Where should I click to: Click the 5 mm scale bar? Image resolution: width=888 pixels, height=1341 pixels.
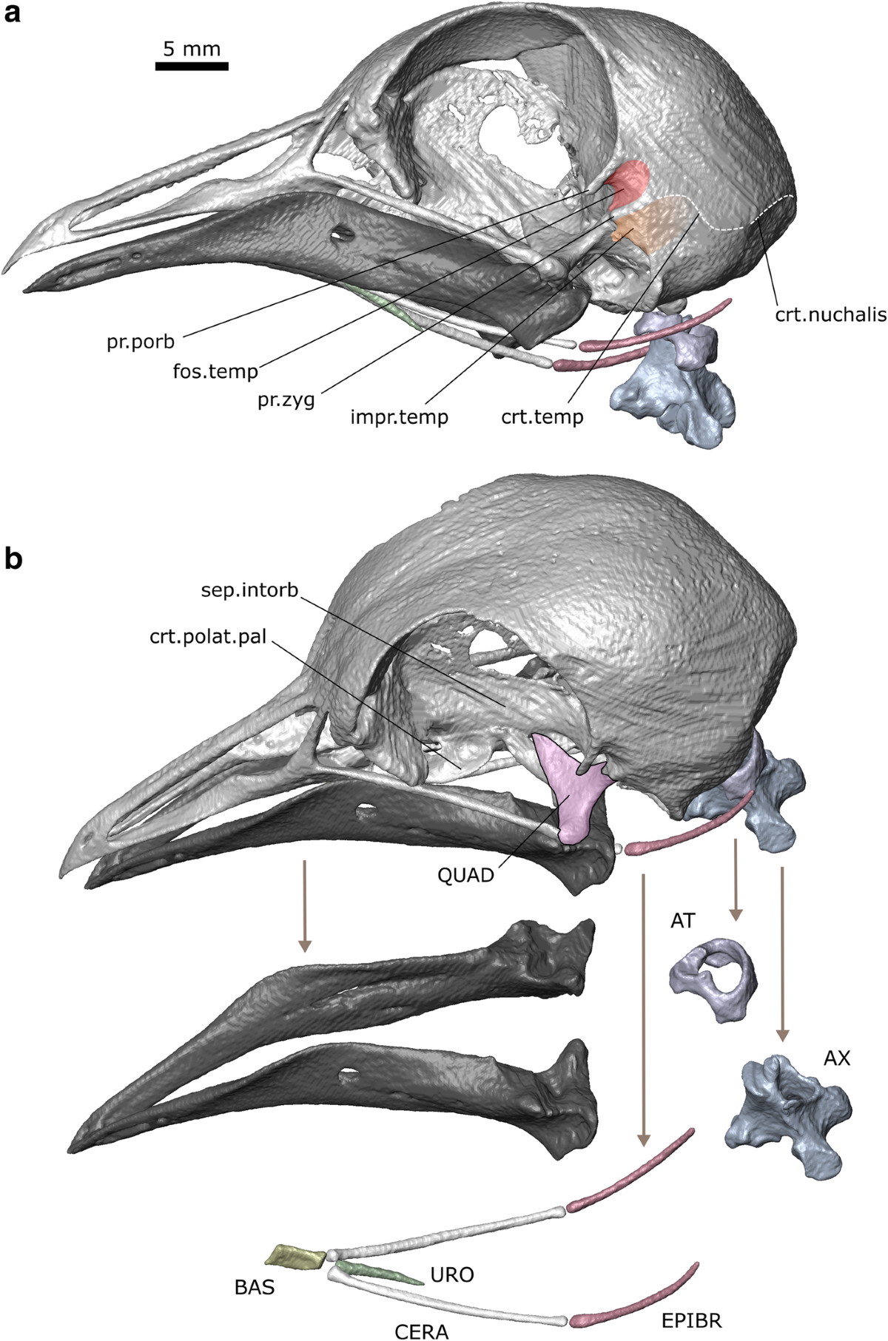click(191, 66)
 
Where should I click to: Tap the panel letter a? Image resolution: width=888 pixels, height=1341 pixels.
click(13, 16)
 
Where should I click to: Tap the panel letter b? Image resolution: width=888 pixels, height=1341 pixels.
click(14, 558)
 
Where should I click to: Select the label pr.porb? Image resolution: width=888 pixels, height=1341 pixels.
click(140, 342)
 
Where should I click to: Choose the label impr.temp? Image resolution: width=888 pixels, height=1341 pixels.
click(400, 417)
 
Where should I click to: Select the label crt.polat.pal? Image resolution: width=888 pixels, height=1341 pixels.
click(208, 636)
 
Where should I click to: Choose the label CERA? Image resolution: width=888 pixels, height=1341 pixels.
click(421, 1328)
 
